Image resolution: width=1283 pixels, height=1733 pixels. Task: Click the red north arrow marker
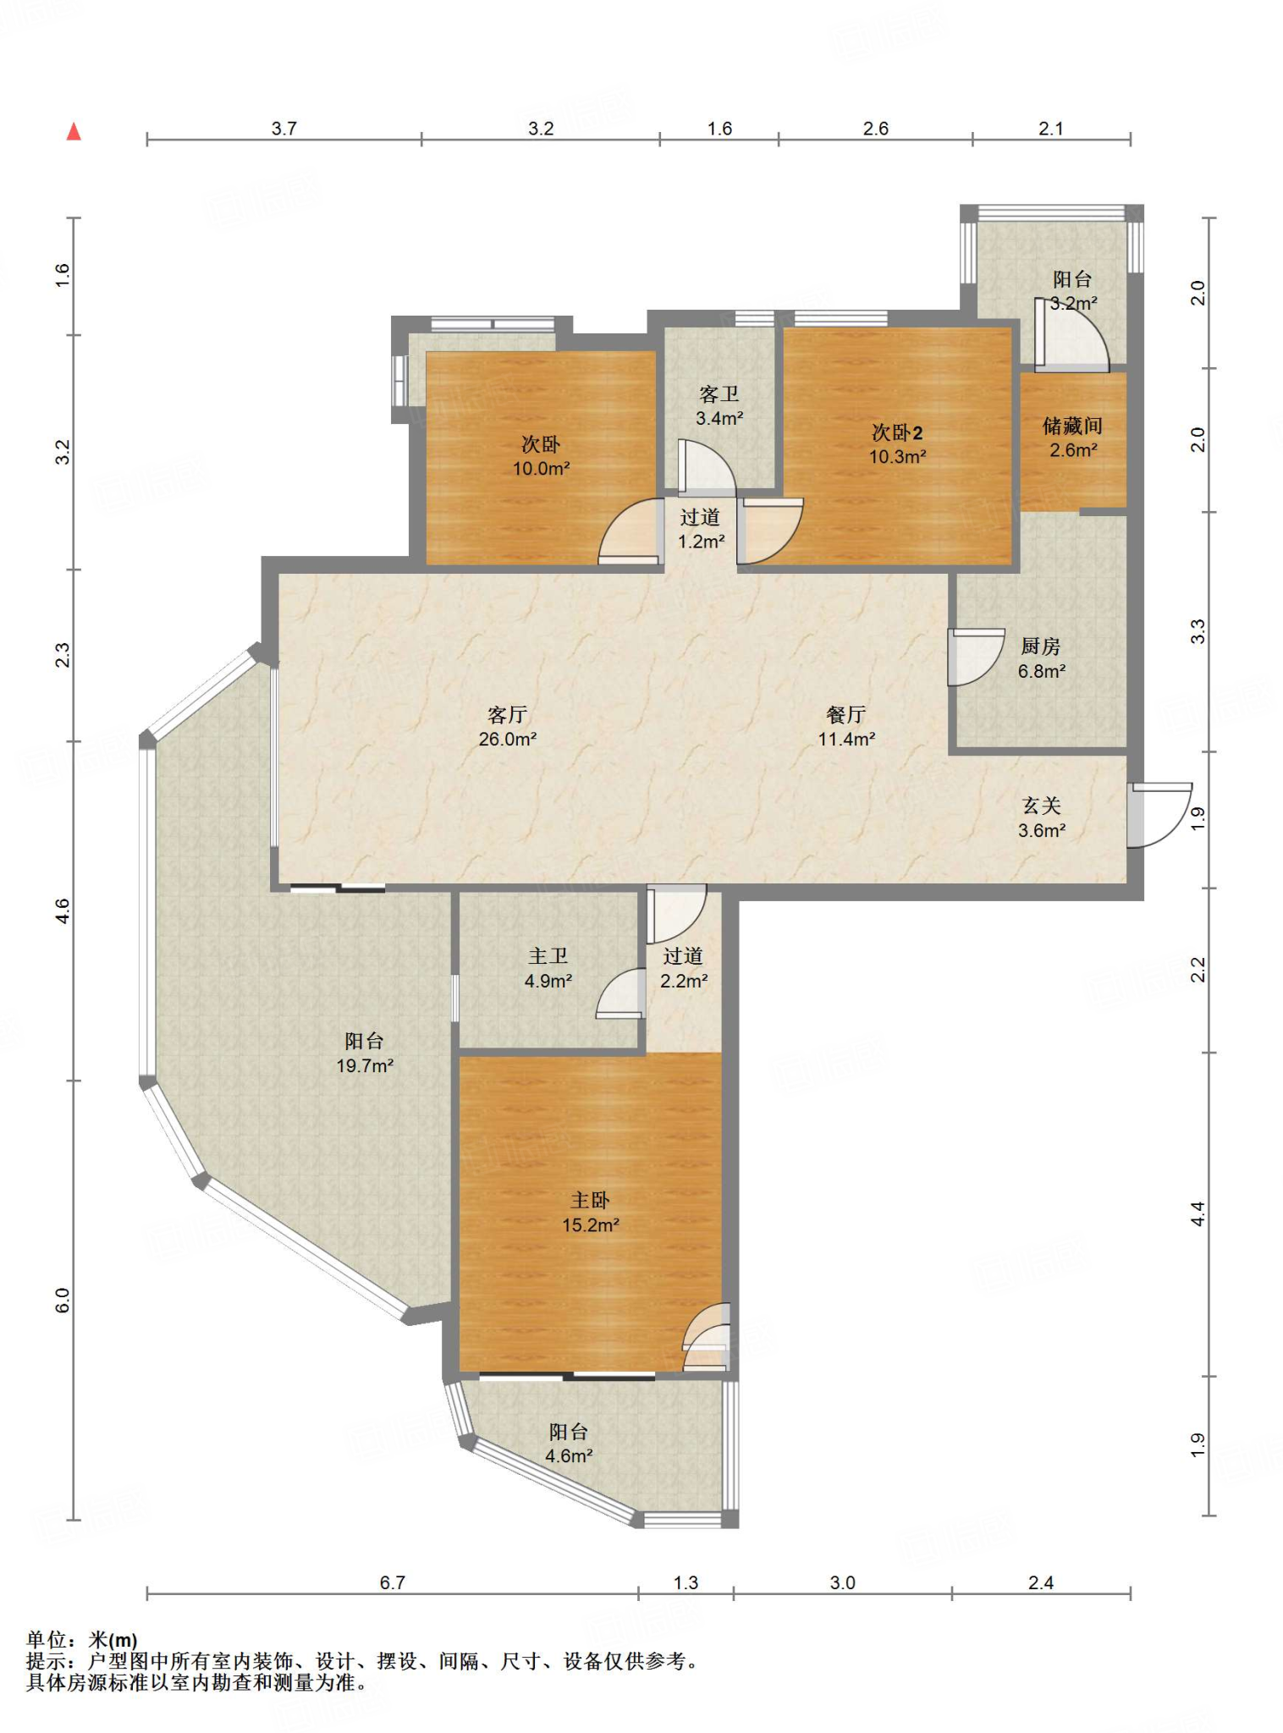click(74, 131)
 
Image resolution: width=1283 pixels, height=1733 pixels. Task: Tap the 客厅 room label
click(508, 715)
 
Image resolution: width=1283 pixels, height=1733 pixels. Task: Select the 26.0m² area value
click(508, 739)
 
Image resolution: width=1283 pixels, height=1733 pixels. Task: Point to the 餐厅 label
click(846, 715)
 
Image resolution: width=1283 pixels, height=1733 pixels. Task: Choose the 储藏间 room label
click(1072, 426)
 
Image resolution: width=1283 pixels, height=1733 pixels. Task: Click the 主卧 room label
click(590, 1200)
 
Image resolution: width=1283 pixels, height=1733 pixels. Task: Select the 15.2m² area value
click(591, 1224)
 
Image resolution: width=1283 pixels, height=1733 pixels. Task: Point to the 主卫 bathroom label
click(548, 956)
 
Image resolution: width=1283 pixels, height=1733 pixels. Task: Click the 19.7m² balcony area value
click(365, 1065)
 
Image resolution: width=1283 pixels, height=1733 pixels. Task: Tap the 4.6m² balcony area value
click(569, 1455)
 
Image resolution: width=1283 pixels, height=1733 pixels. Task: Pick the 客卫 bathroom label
click(719, 393)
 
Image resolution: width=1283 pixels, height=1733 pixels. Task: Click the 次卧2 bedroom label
click(897, 432)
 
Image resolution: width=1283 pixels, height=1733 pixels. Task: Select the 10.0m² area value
click(541, 468)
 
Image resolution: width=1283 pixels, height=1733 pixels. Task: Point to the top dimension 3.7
click(284, 128)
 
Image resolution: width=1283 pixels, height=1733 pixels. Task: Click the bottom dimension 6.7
click(392, 1582)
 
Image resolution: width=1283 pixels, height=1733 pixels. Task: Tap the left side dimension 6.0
click(63, 1300)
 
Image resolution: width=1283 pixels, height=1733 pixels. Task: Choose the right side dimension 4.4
click(1198, 1213)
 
